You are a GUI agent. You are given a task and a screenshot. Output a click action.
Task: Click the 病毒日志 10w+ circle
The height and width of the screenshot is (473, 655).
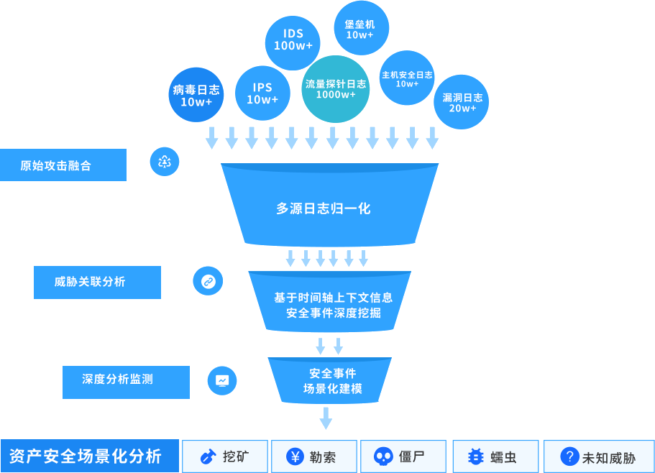click(x=196, y=95)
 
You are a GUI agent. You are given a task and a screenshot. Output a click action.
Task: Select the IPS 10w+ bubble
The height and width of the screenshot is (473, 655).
click(x=262, y=93)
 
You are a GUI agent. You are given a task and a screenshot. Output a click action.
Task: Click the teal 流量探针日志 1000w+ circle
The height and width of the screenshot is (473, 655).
click(x=336, y=88)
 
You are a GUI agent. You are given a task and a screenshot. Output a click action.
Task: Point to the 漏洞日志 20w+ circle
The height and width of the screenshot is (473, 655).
click(x=462, y=102)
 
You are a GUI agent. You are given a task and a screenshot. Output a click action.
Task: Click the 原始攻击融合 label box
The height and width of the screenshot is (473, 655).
click(x=63, y=165)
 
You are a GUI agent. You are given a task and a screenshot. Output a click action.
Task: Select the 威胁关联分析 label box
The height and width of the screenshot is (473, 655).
click(x=97, y=282)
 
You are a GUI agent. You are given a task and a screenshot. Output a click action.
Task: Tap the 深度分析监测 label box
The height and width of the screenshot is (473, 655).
click(x=126, y=382)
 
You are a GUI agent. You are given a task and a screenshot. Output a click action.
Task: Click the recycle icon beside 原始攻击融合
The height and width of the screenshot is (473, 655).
click(x=165, y=162)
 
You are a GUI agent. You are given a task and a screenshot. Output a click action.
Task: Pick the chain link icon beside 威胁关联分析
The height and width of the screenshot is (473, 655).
click(x=208, y=281)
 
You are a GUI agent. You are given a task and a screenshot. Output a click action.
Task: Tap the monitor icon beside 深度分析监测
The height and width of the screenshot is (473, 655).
click(x=222, y=380)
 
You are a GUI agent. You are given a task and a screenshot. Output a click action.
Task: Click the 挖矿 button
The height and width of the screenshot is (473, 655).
click(x=225, y=456)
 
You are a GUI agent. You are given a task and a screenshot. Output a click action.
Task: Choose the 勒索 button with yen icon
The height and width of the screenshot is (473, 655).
click(x=315, y=456)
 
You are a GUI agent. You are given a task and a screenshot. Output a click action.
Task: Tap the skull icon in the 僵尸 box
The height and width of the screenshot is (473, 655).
click(x=383, y=456)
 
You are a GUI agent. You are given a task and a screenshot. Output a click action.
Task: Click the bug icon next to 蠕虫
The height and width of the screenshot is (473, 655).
click(x=475, y=456)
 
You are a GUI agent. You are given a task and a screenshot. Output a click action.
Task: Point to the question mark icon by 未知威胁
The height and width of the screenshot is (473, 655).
click(x=569, y=456)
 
